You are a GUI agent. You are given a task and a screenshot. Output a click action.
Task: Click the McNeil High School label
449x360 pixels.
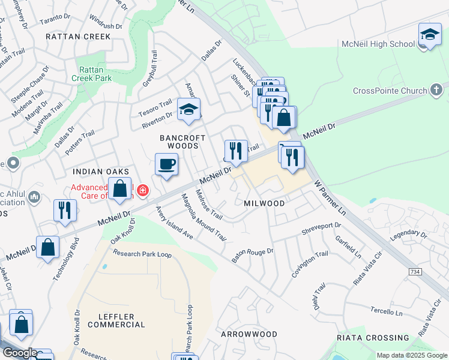(x=378, y=44)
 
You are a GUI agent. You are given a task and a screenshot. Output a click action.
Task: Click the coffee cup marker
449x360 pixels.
(x=166, y=164)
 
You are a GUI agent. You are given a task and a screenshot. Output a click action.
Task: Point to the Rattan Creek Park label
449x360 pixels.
(x=92, y=74)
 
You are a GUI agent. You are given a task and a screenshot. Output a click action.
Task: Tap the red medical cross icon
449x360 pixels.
(x=143, y=191)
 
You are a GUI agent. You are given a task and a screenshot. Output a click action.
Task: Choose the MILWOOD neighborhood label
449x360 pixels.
(x=264, y=203)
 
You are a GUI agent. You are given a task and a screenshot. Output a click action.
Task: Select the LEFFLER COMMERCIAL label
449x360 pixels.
(x=116, y=320)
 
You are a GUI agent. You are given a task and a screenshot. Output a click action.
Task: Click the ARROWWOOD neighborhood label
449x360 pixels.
(x=249, y=334)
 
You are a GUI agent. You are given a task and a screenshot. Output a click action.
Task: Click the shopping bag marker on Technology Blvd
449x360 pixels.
(x=49, y=247)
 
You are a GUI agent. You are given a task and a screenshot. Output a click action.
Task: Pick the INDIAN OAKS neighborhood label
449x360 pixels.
(x=100, y=172)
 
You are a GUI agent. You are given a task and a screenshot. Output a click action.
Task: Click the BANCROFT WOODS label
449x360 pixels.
(x=182, y=142)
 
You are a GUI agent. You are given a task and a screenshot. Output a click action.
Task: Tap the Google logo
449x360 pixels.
(x=19, y=353)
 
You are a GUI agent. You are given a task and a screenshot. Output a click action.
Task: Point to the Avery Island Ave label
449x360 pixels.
(x=174, y=223)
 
